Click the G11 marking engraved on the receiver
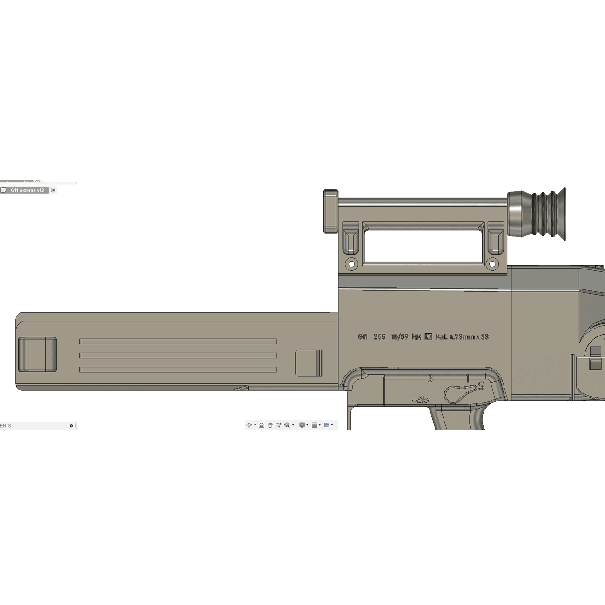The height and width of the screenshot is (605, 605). [x=363, y=337]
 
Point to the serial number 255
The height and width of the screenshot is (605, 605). [x=379, y=337]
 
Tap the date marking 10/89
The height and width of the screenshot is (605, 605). [x=399, y=337]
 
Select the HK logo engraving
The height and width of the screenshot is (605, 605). [x=417, y=337]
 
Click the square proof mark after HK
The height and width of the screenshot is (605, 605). [x=429, y=336]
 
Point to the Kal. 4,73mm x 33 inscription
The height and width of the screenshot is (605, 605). [x=462, y=337]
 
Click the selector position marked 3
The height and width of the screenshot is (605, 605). [x=430, y=379]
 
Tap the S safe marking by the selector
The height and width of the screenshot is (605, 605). [x=481, y=386]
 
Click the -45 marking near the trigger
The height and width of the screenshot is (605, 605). [x=421, y=400]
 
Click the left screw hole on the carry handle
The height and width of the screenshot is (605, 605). [x=351, y=264]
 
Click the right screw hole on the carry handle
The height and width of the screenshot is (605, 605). [x=492, y=264]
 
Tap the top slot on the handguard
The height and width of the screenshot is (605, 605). [x=178, y=342]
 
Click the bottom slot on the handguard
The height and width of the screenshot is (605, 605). [x=178, y=370]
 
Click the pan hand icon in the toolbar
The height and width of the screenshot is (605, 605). [x=270, y=425]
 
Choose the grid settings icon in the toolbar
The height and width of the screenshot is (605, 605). [x=315, y=425]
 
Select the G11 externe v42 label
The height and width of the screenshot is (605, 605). [x=27, y=190]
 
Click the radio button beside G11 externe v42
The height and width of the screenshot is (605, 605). [x=53, y=190]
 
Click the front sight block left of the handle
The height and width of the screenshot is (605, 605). [x=331, y=211]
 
